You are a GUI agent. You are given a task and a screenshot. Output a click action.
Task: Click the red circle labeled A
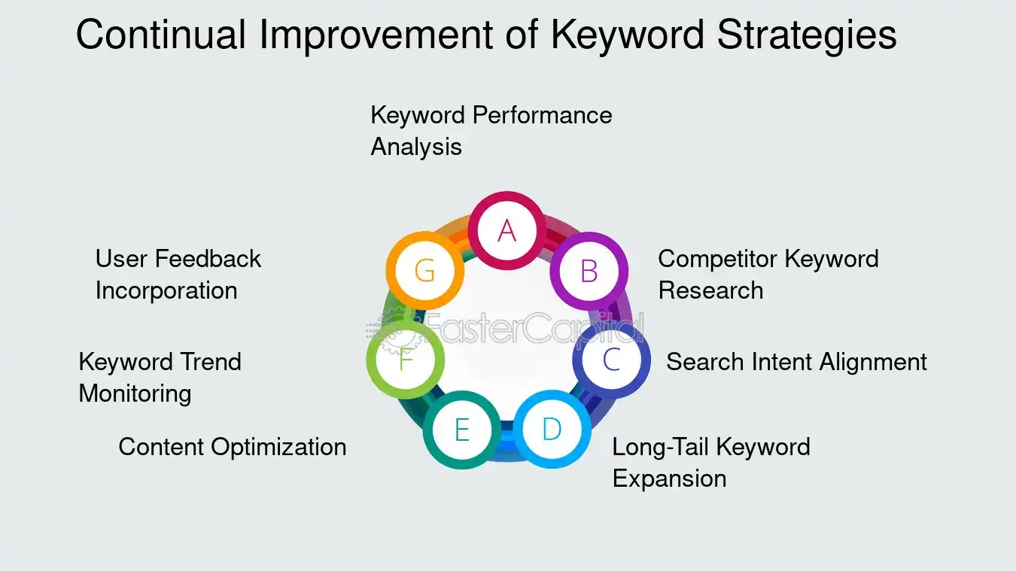point(506,230)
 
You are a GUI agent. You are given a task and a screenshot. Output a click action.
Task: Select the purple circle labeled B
point(589,270)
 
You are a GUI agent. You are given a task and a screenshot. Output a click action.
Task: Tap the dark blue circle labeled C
point(611,360)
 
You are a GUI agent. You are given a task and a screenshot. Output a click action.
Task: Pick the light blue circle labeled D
point(552,429)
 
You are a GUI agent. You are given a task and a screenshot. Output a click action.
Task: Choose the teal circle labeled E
point(461,430)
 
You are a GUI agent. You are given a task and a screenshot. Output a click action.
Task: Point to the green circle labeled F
point(406,360)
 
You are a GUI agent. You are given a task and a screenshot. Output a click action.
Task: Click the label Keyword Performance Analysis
point(491,130)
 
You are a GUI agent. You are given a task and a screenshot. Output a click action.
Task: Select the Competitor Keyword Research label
point(768,274)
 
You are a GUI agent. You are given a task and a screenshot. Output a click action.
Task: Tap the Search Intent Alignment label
point(796,362)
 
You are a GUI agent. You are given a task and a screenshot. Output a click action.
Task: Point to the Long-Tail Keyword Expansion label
point(710,462)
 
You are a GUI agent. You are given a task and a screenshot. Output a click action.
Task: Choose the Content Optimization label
point(233,447)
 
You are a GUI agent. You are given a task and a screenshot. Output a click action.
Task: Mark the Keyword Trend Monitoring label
point(160,377)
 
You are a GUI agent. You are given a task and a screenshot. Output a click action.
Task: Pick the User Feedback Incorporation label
point(178,274)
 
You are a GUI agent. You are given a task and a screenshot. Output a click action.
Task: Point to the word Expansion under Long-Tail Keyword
point(669,478)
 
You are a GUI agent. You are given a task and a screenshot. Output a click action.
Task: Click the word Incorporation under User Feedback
point(166,290)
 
